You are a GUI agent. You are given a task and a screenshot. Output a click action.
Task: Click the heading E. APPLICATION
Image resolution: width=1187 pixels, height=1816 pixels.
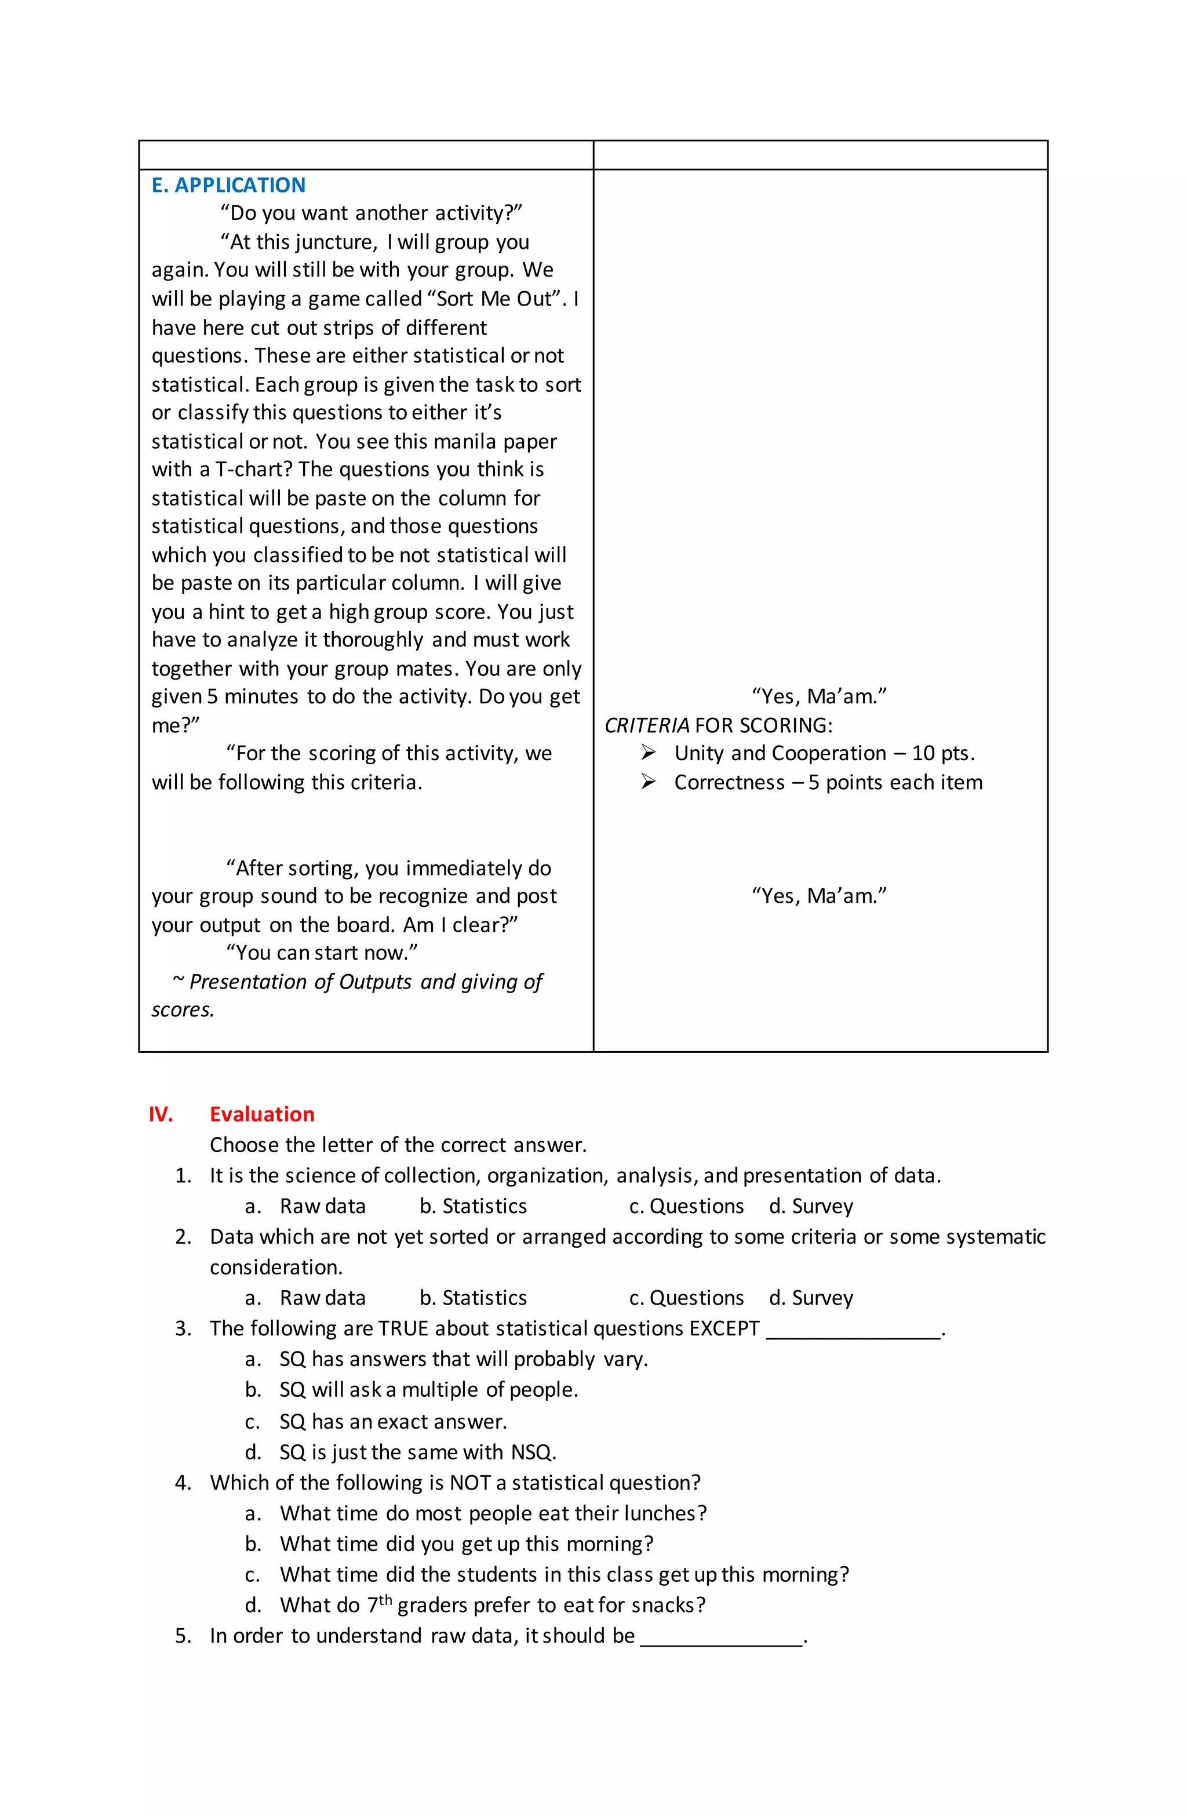[x=228, y=186]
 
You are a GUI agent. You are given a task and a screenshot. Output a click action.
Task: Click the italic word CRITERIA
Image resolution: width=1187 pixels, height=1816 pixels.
[x=646, y=725]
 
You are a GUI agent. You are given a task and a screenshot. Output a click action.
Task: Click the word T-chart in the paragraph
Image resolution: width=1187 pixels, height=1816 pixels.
[x=249, y=469]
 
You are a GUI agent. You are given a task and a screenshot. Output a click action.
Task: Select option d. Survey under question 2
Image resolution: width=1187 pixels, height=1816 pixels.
[x=811, y=1297]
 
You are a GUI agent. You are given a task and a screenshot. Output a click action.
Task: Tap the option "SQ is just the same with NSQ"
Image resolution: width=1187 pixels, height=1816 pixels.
[x=417, y=1451]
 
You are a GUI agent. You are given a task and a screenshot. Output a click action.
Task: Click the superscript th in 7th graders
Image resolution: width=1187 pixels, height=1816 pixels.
[x=385, y=1599]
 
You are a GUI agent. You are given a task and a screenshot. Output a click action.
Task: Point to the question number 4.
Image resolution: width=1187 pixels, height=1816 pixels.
[x=183, y=1482]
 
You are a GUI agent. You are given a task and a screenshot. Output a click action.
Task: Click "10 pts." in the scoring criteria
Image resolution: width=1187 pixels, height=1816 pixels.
[x=943, y=753]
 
